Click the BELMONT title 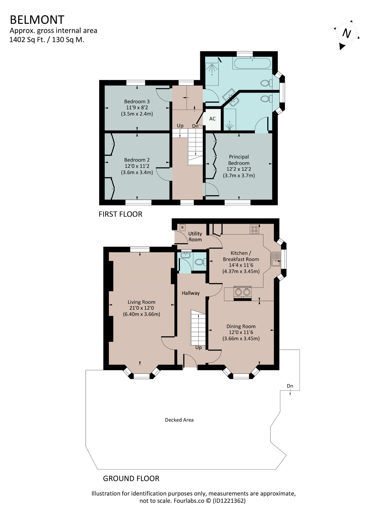[37, 20]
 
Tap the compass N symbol [347, 34]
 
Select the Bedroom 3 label [137, 101]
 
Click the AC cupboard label [213, 119]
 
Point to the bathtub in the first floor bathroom [252, 63]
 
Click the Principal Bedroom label [239, 160]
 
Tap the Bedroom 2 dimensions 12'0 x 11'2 [137, 166]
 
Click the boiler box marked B [182, 227]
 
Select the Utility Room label [195, 237]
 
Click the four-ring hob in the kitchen [254, 229]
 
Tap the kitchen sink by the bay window [276, 259]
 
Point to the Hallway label [191, 293]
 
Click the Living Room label [142, 302]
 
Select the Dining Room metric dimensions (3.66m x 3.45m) [241, 338]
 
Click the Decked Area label [179, 420]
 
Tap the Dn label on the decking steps [290, 386]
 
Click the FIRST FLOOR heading [120, 214]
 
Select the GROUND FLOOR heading [131, 478]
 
